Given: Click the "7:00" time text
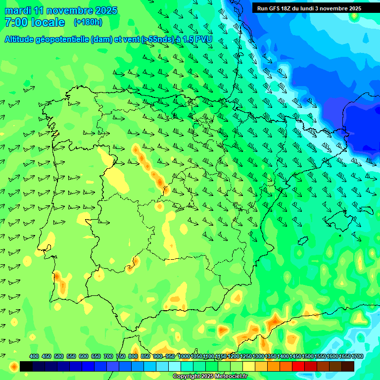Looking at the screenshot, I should (x=15, y=22).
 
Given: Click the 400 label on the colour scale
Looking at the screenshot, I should (x=34, y=356).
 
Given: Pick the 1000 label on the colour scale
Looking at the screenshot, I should (x=184, y=356).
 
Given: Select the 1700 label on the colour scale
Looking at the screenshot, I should (x=357, y=356).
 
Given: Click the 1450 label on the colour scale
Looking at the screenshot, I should (x=295, y=356).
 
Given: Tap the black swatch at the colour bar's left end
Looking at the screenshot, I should (x=26, y=366).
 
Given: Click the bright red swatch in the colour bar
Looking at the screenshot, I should (x=298, y=366).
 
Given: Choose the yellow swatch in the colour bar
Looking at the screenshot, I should (x=249, y=366).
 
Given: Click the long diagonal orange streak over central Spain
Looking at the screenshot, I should (x=150, y=167).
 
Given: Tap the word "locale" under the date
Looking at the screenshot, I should (x=48, y=22).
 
